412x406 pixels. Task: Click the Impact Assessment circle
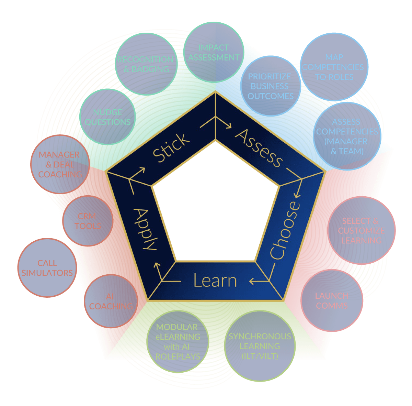(213, 52)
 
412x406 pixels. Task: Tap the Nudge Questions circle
(107, 117)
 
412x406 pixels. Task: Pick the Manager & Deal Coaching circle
(60, 164)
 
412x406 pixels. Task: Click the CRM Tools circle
(88, 221)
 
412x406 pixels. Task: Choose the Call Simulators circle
(47, 268)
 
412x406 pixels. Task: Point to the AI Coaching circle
(111, 301)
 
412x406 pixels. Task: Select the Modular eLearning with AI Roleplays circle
(178, 342)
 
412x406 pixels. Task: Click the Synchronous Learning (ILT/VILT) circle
(260, 346)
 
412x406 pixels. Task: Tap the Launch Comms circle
(332, 301)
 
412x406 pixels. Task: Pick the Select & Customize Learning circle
(362, 230)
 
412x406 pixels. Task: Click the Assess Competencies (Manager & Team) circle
(347, 136)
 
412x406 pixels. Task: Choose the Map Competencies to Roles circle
(334, 67)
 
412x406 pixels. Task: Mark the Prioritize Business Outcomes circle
(271, 86)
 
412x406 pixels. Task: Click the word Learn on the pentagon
(215, 281)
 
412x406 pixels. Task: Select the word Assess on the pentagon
(259, 148)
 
